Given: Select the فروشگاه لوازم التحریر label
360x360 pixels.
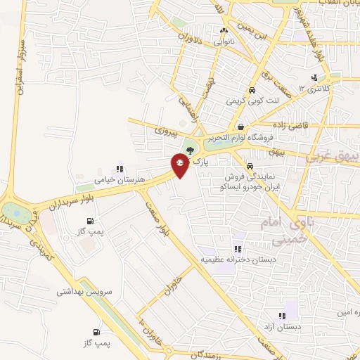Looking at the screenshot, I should pyautogui.click(x=241, y=138).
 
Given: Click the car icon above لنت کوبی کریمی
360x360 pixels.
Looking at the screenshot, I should pyautogui.click(x=251, y=90).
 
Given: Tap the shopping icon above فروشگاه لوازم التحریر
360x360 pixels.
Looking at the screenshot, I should pyautogui.click(x=241, y=127).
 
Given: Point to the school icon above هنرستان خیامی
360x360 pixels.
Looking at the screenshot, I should pyautogui.click(x=120, y=169).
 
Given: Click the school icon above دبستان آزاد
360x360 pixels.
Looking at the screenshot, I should pyautogui.click(x=282, y=316).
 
